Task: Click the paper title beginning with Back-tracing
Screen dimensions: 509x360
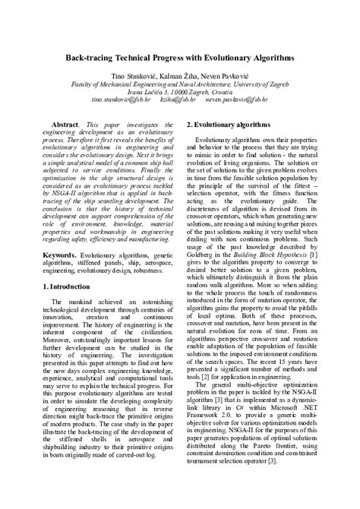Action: pyautogui.click(x=179, y=57)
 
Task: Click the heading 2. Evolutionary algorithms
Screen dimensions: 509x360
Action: pyautogui.click(x=232, y=122)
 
